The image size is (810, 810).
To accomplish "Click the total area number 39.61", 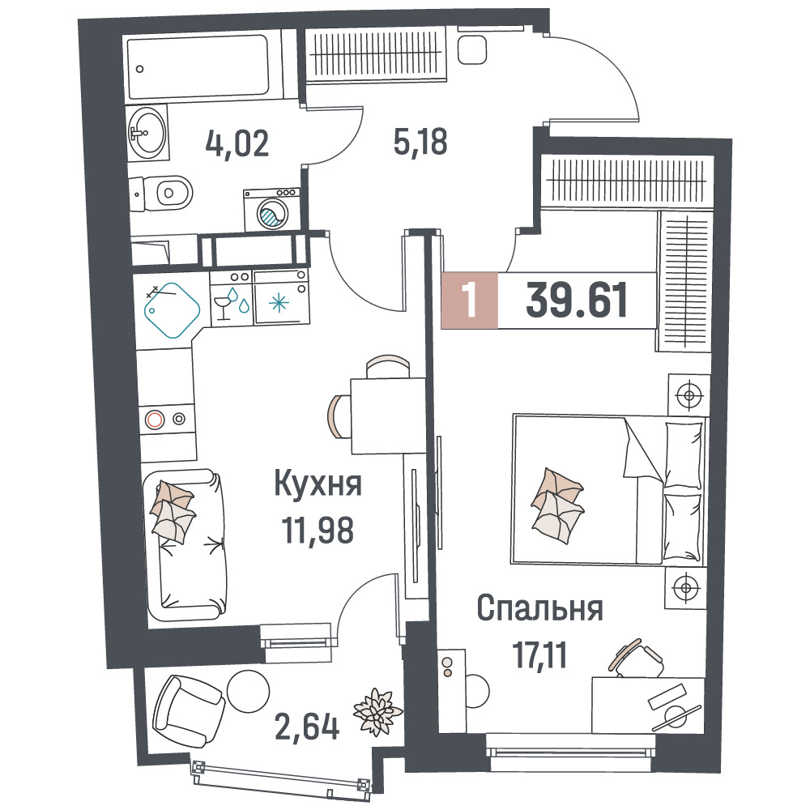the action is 577,300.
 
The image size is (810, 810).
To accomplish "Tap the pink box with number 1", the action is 469,301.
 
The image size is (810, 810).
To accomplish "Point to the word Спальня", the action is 539,608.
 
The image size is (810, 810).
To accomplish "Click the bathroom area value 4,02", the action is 237,143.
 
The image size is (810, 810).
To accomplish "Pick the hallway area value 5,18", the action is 420,142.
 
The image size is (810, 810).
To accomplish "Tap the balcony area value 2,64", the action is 307,727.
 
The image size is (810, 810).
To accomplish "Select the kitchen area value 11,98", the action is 318,530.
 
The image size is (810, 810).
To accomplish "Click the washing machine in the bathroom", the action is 271,210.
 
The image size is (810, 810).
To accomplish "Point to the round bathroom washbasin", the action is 147,131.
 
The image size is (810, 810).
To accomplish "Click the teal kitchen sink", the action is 172,310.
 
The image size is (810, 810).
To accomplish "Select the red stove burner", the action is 155,419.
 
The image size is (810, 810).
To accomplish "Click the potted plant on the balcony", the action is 377,711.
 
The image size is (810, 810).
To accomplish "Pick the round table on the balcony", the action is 249,691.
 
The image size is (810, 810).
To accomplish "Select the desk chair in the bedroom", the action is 637,658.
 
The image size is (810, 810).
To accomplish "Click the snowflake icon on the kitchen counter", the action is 279,302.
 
